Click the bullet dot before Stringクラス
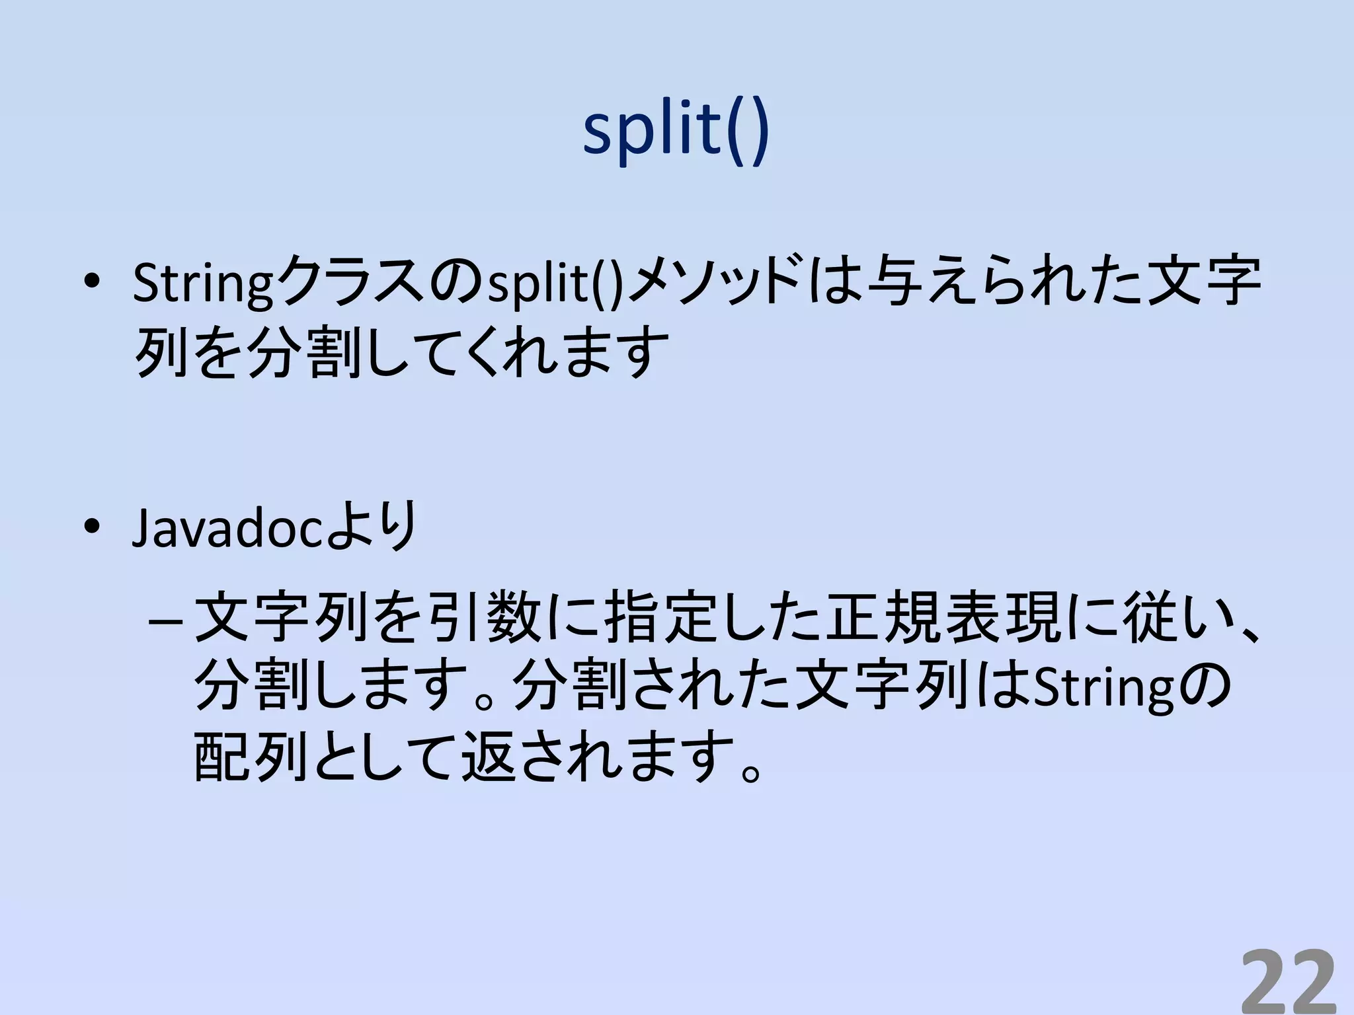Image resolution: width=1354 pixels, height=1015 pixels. coord(92,282)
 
